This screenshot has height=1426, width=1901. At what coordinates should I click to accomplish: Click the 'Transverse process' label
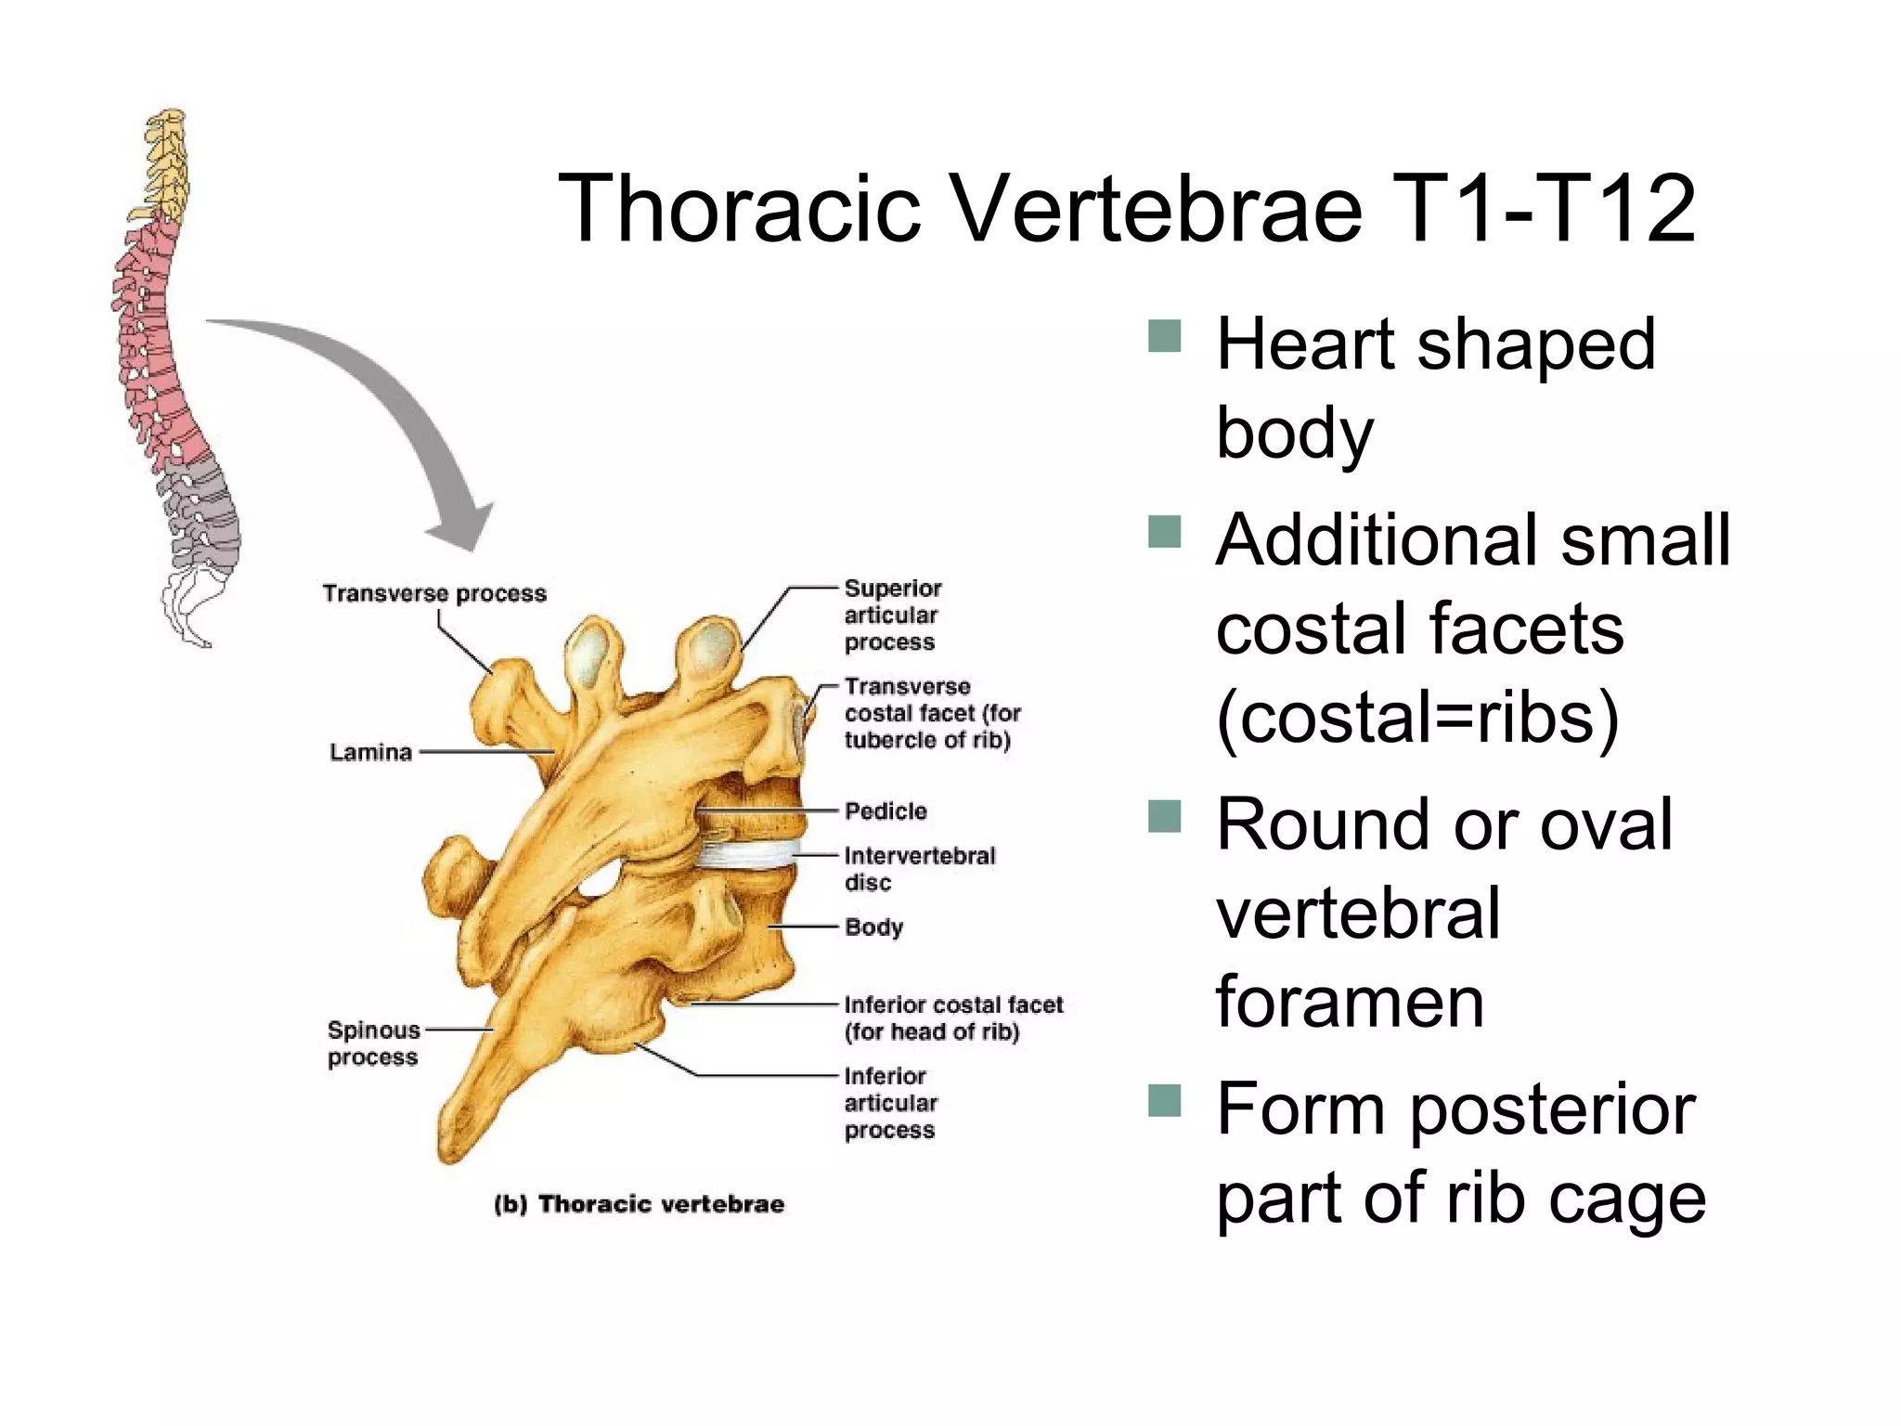pos(434,593)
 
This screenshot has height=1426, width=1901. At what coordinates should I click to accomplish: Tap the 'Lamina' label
pos(370,752)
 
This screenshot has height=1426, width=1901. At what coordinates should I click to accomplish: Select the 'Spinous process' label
pos(373,1044)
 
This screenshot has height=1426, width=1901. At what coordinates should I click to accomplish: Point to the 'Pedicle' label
pos(886,811)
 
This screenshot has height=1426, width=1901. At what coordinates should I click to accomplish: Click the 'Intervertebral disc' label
pos(919,869)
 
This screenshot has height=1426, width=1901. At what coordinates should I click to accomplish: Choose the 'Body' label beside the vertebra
pos(873,927)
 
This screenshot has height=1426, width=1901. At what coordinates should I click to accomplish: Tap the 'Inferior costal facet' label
pos(952,1018)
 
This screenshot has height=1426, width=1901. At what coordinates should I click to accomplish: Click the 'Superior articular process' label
pos(892,615)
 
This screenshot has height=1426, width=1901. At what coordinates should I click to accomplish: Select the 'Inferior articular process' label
pos(890,1103)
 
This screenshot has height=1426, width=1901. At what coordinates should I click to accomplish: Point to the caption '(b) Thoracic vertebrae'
pos(640,1204)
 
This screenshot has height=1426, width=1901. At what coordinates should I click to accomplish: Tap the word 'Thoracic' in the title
pos(739,209)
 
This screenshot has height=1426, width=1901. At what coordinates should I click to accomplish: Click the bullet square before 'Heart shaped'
pos(1164,336)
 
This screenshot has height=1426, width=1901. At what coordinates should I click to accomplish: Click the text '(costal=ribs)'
pos(1417,718)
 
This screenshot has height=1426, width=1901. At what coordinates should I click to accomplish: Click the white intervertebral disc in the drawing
pos(747,854)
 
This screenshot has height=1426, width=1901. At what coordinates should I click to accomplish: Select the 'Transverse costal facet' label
pos(931,713)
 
